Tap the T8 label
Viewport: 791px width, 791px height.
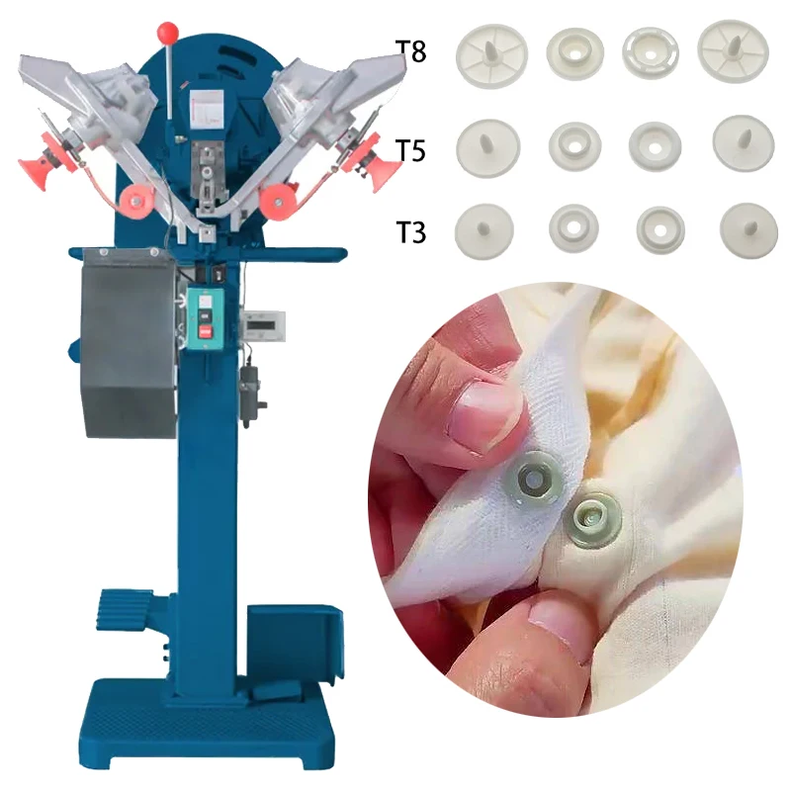pyautogui.click(x=410, y=51)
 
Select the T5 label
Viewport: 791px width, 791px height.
pyautogui.click(x=410, y=150)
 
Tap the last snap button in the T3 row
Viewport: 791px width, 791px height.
pyautogui.click(x=742, y=226)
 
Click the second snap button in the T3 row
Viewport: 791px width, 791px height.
pyautogui.click(x=573, y=226)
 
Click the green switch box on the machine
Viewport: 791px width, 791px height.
pyautogui.click(x=205, y=316)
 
